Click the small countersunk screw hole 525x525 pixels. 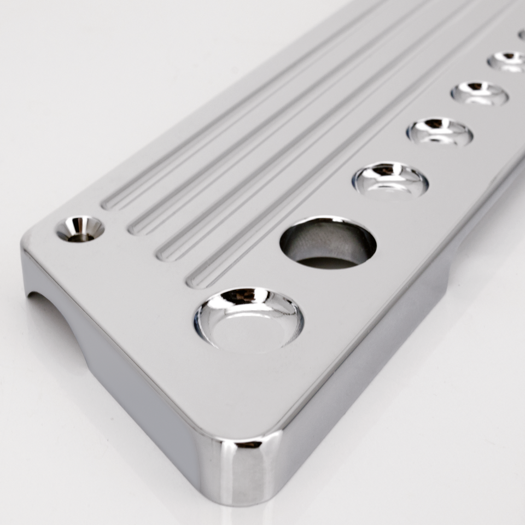(x=80, y=229)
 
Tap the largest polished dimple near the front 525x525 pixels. (x=249, y=318)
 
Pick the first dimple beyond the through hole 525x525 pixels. (x=390, y=179)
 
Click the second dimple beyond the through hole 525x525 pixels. (x=440, y=132)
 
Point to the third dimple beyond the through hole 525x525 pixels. (x=479, y=94)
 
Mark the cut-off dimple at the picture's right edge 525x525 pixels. (x=521, y=35)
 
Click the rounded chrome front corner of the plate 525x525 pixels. (x=246, y=465)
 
